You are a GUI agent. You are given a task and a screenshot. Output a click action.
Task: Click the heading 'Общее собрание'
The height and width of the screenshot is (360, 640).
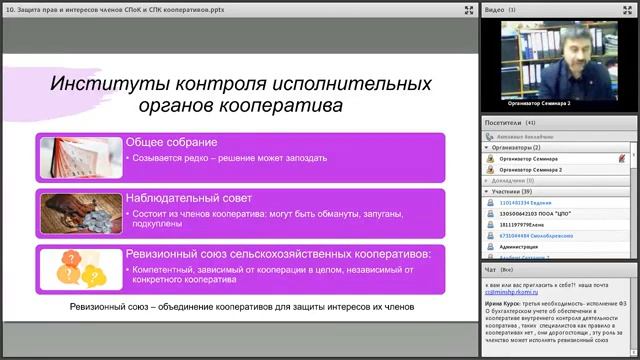point(165,142)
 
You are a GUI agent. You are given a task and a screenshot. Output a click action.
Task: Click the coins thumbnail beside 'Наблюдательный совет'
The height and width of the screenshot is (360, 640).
point(81,210)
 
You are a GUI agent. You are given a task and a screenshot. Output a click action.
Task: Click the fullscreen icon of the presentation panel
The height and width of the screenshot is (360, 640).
point(469,10)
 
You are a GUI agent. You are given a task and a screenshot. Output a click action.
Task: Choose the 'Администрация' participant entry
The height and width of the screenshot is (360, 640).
point(519,246)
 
